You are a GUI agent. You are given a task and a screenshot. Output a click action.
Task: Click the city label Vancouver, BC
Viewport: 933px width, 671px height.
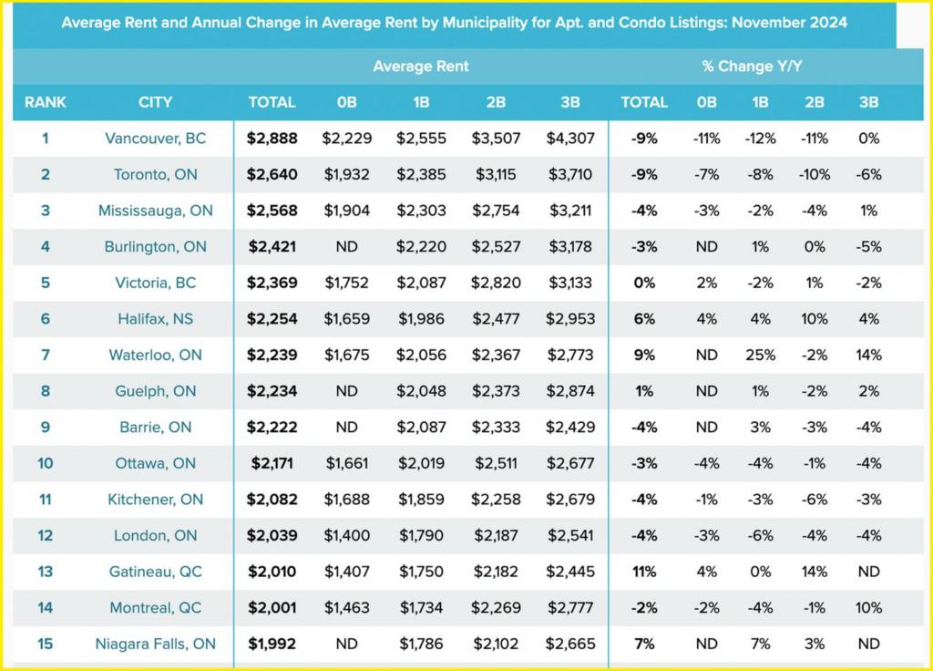155,139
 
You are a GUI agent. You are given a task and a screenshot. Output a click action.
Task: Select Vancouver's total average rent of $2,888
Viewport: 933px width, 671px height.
272,139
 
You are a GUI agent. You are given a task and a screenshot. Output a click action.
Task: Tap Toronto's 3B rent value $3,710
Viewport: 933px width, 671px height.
570,174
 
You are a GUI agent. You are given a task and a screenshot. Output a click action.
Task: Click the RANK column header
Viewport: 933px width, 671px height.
46,102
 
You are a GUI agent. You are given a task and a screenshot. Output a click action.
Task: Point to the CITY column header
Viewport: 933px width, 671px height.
155,102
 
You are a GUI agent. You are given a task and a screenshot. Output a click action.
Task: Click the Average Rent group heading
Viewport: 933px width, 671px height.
421,66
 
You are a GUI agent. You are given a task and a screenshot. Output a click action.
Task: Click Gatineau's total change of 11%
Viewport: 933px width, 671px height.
644,572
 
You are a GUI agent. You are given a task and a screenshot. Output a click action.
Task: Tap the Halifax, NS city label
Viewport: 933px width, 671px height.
155,319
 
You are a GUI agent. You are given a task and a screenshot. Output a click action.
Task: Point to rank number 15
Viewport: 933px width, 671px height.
46,644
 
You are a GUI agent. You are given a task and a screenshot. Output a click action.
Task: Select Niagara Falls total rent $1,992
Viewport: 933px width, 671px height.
272,644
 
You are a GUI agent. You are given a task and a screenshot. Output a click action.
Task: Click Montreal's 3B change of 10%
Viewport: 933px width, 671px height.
869,608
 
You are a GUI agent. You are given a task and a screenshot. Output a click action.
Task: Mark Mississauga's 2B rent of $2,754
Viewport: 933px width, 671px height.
496,211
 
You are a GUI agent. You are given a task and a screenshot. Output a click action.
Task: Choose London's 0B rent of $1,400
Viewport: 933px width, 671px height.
346,535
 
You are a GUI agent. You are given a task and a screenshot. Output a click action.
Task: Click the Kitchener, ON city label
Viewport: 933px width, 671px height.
155,500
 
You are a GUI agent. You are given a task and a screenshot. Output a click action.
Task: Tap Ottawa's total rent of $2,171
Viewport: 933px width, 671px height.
272,463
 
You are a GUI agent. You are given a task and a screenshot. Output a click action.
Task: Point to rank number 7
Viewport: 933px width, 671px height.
46,355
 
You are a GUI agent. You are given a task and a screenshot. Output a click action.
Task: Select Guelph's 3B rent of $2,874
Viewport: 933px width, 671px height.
570,391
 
